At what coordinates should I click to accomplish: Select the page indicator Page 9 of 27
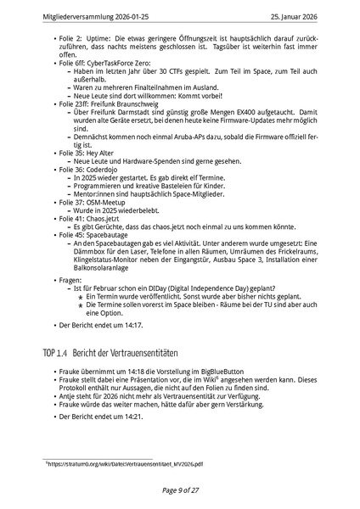click(180, 490)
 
